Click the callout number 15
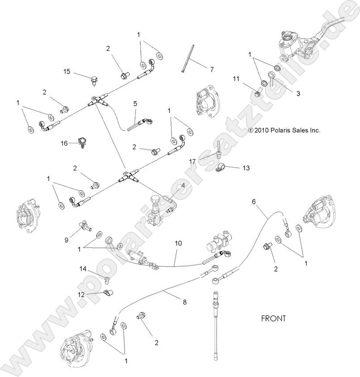[x=67, y=72]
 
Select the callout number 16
[x=65, y=143]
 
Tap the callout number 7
[x=212, y=69]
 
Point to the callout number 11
[x=236, y=79]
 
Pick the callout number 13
[x=246, y=168]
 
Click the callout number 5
[x=135, y=104]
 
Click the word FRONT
[x=273, y=319]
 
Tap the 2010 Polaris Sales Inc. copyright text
[x=284, y=130]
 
